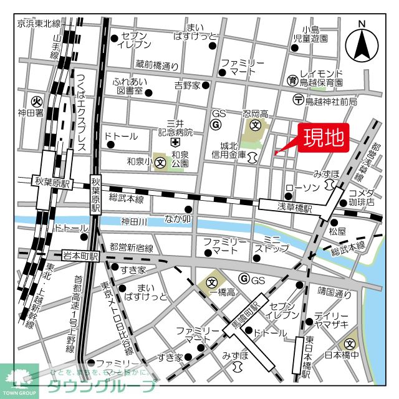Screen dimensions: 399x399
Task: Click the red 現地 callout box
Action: point(324,138)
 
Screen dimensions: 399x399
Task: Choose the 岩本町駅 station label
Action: point(81,256)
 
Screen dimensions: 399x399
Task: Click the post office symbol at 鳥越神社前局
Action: point(298,100)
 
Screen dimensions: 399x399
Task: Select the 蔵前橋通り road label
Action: point(156,64)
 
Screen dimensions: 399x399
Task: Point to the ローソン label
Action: point(302,188)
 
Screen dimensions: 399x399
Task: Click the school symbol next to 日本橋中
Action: point(350,343)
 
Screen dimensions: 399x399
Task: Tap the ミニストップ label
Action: point(275,243)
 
